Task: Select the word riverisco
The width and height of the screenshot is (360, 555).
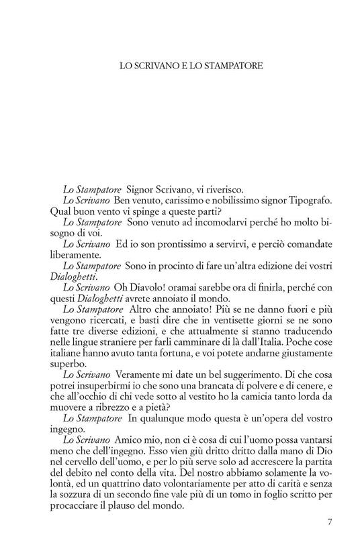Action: click(x=225, y=190)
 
